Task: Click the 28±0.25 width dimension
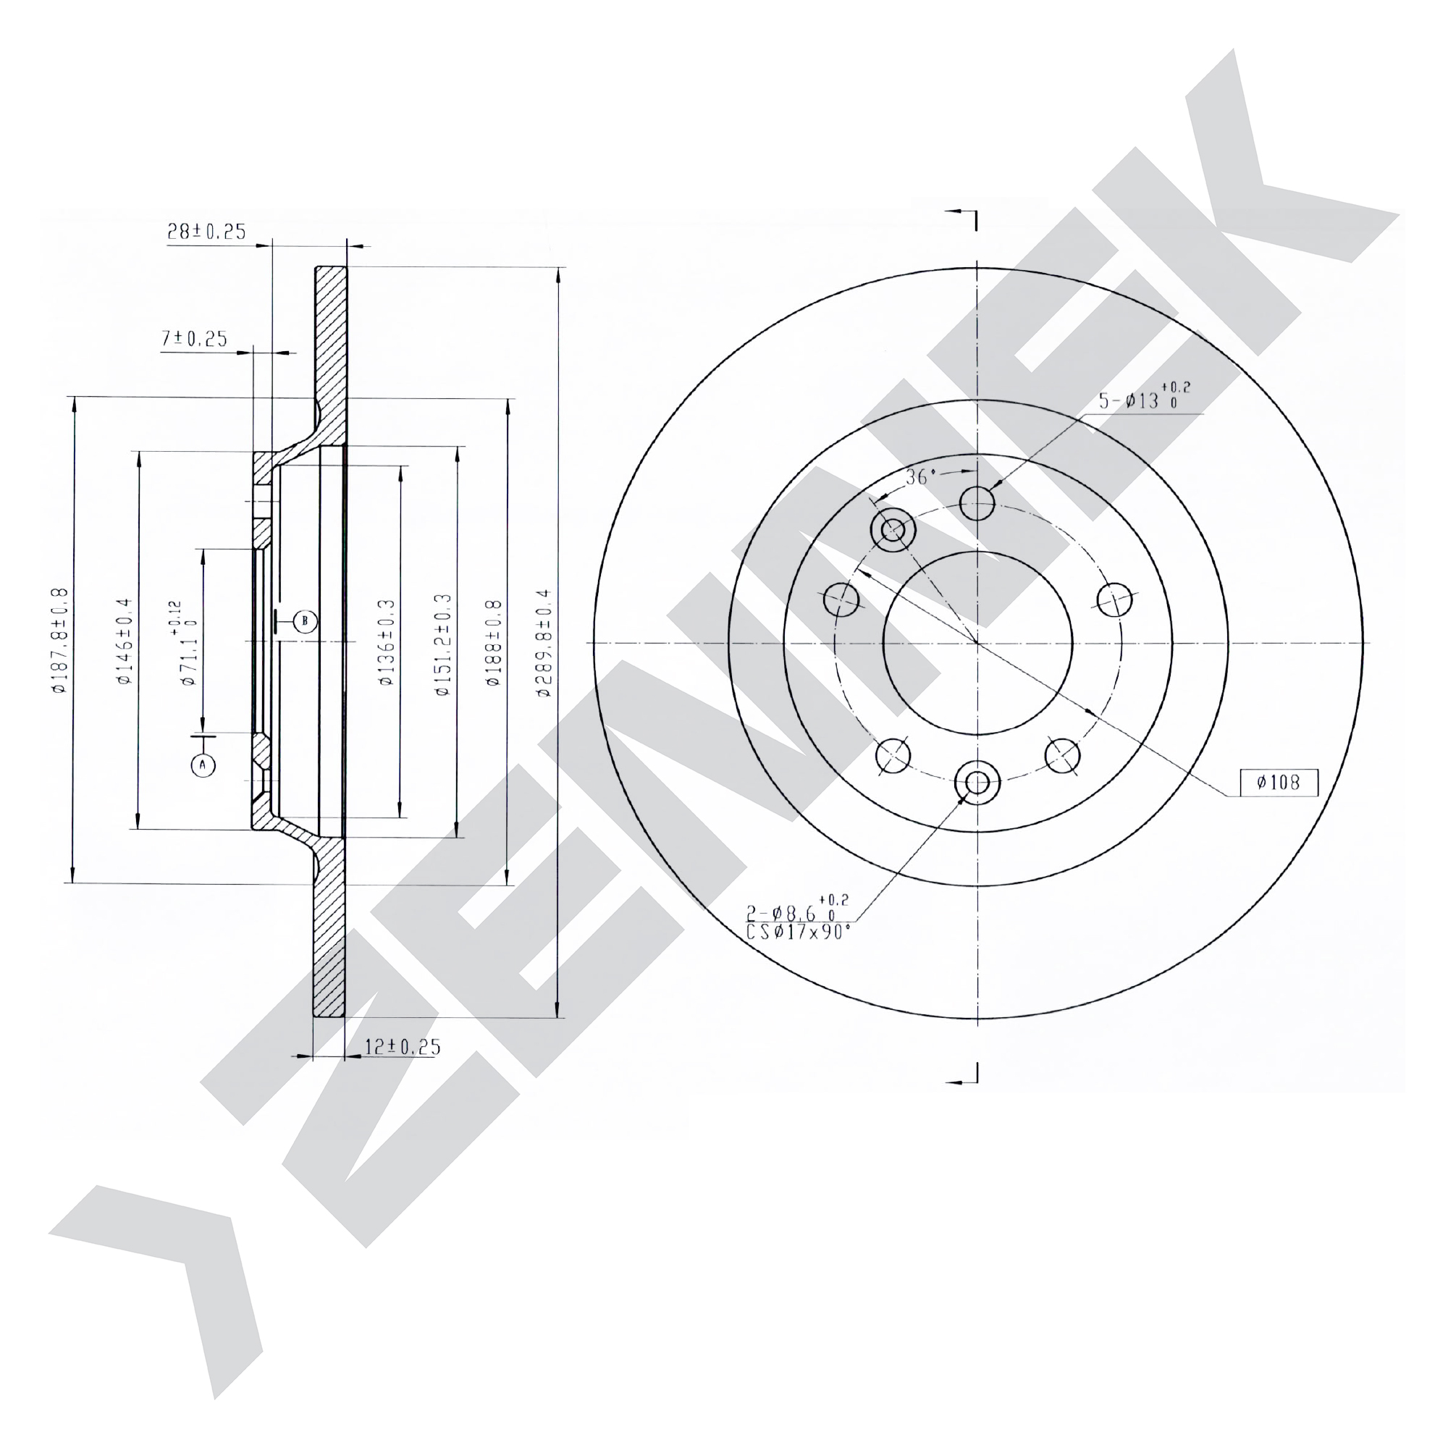(206, 232)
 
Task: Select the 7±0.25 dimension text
(194, 340)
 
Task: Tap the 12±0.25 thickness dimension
(403, 1046)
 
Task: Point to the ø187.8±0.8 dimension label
(61, 641)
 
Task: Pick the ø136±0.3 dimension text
(386, 642)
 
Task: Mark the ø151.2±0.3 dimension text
(444, 644)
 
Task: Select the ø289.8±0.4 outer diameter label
(544, 643)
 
